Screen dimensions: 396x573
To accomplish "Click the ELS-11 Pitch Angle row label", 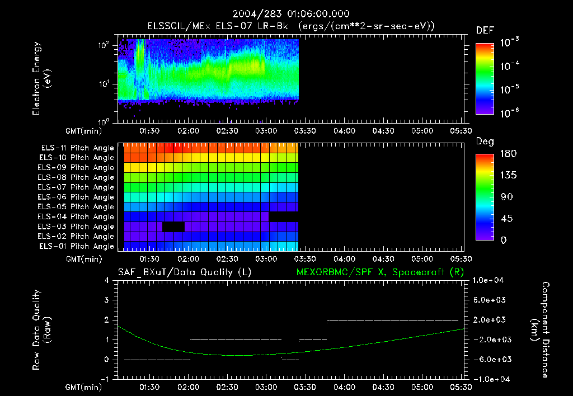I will (x=77, y=148).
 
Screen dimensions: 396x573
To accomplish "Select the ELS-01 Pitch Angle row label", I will (x=77, y=246).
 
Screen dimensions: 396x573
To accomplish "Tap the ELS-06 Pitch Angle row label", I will (x=77, y=197).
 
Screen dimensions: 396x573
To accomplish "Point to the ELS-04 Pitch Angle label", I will (x=77, y=216).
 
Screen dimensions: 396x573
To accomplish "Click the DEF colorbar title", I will (x=484, y=30).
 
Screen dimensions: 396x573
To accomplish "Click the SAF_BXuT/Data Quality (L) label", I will (x=184, y=272).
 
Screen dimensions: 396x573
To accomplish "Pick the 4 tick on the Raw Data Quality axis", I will (x=107, y=280).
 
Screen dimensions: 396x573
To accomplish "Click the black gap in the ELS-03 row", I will (x=173, y=227).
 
